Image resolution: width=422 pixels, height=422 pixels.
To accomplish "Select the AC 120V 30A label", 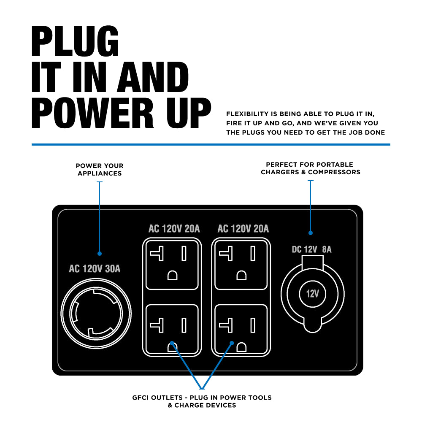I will (x=95, y=269).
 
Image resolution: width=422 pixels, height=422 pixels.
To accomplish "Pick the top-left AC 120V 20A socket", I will (x=172, y=264).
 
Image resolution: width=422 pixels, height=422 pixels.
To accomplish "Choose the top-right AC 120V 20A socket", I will (x=241, y=264).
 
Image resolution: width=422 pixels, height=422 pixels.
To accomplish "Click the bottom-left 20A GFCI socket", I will (x=172, y=330).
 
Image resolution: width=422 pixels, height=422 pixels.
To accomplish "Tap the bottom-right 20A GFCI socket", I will (x=241, y=330).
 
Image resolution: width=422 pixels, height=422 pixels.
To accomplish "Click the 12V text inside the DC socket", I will (x=312, y=294).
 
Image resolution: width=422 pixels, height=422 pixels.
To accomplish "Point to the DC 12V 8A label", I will (x=312, y=249).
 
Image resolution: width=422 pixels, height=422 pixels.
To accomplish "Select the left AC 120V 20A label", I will (x=174, y=229).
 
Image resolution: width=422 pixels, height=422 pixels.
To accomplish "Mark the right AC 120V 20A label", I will (x=243, y=229).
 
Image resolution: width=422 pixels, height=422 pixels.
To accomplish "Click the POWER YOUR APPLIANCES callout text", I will (x=100, y=170).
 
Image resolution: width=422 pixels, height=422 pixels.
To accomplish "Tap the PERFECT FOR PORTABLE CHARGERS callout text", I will (x=310, y=168).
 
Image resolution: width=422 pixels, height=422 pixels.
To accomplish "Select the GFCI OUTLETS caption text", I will (x=202, y=401).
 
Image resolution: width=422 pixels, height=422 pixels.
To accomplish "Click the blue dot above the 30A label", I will (x=100, y=254).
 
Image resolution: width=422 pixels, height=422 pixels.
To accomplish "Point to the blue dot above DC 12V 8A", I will (x=311, y=233).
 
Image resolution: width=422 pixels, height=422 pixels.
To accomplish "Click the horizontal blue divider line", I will (x=211, y=144).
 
